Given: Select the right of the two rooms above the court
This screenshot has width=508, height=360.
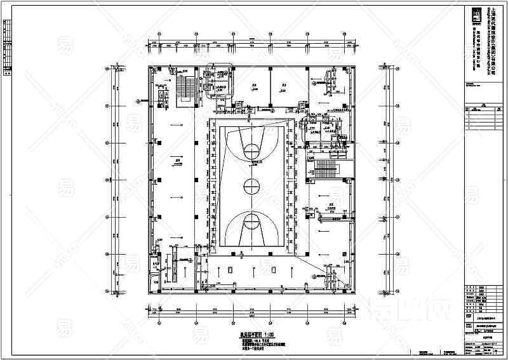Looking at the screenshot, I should coord(284,87).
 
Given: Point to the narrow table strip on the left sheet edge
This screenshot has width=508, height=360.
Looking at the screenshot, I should coord(6,48).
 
